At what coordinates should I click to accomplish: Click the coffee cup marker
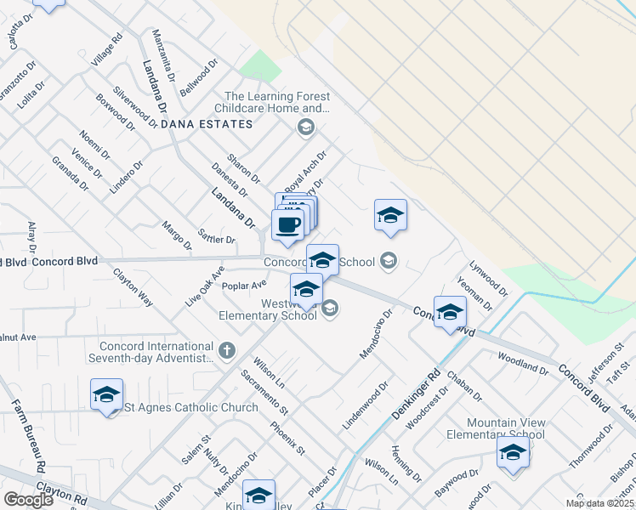coord(287,225)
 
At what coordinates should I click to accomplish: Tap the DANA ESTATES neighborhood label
coord(207,124)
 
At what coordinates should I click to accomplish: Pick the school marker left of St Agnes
coord(107,394)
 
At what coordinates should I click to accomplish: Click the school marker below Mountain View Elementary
coord(513,452)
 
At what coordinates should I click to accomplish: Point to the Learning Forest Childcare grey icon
coord(305,128)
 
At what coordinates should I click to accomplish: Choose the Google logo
coord(28,499)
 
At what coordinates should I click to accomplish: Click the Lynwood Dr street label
coord(492,278)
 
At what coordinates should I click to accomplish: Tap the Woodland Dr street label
coord(523,365)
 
